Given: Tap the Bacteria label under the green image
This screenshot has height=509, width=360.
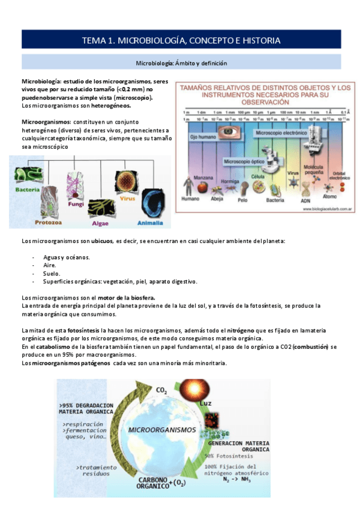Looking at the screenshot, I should [x=28, y=190].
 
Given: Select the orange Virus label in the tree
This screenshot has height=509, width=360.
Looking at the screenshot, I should [x=127, y=198].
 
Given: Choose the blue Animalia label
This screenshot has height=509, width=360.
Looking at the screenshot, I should [x=150, y=223].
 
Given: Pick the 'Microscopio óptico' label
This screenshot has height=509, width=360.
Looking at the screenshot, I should [x=245, y=161].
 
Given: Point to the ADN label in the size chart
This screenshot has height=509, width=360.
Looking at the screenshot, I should [x=305, y=201].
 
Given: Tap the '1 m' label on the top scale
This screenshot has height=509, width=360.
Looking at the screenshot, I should [x=187, y=112].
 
